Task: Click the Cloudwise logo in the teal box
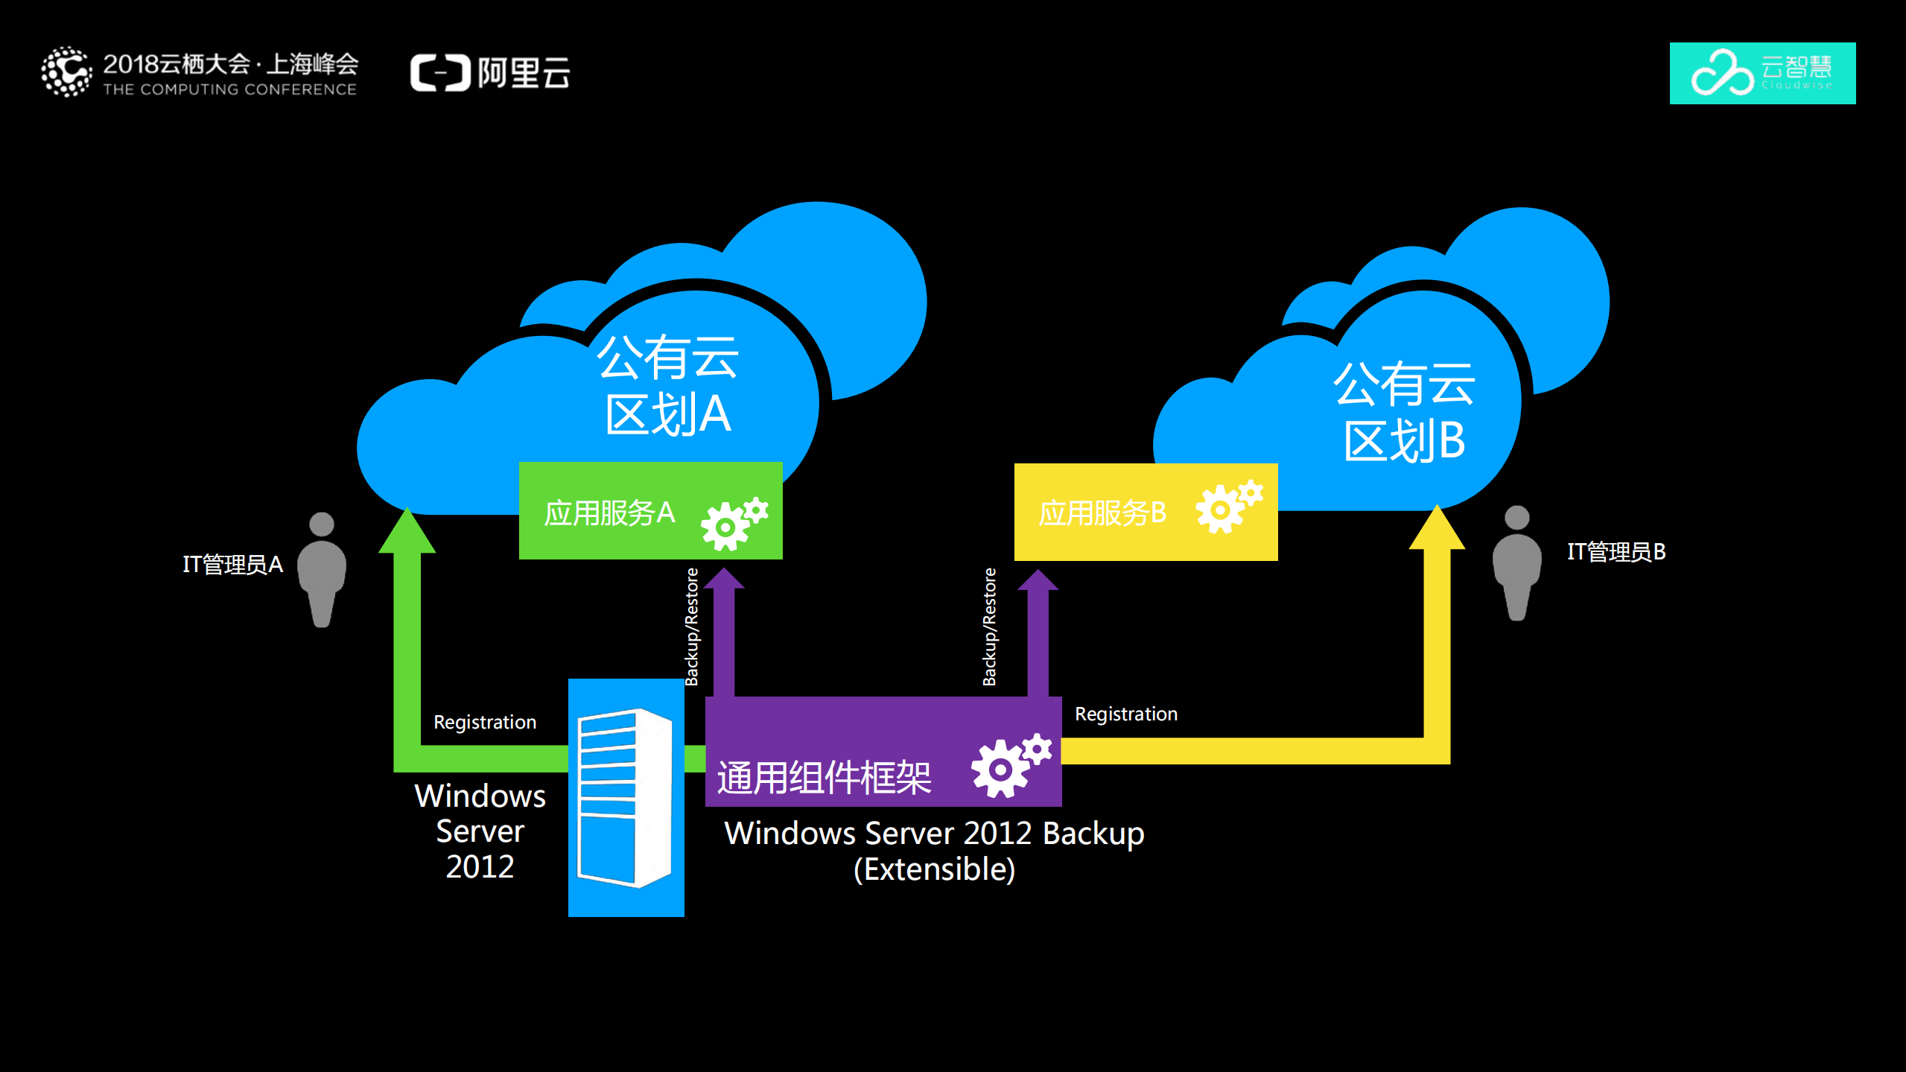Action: pos(1762,73)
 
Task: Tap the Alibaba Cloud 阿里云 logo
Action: pos(490,73)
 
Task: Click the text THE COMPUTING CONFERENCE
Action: pos(229,89)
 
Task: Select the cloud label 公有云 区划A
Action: pos(668,385)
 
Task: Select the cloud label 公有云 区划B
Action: pos(1404,412)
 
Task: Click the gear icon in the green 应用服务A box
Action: pos(734,522)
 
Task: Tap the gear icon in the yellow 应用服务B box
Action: pos(1228,507)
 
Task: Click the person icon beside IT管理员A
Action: pos(322,570)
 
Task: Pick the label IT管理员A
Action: pos(233,565)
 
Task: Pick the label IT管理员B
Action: pos(1616,552)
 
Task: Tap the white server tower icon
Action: pos(626,797)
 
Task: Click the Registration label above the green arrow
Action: pos(485,722)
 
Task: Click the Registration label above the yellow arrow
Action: pos(1126,714)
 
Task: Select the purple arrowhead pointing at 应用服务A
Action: pos(724,579)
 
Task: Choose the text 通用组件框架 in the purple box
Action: pos(824,778)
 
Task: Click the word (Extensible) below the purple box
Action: pos(934,869)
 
